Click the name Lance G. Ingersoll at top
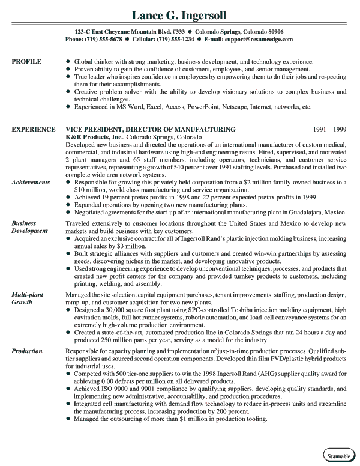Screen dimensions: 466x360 pos(179,13)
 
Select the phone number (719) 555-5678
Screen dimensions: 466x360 pos(104,39)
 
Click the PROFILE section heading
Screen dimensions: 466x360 pos(27,61)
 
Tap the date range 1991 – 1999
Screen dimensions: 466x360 pos(330,129)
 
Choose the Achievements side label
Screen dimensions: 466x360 pos(31,181)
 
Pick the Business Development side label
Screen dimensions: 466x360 pos(30,227)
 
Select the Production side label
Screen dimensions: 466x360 pos(27,351)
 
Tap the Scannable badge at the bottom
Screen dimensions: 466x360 pos(338,456)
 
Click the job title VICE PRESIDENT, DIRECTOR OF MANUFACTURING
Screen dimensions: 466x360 pos(150,129)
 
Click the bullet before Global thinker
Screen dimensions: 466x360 pos(68,62)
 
